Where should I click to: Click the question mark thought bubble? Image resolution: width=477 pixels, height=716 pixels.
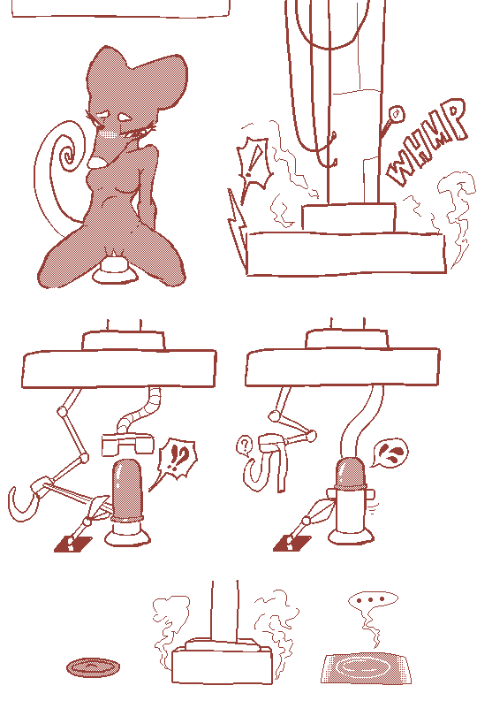(x=245, y=445)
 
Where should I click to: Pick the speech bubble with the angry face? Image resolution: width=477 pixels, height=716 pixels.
(x=390, y=452)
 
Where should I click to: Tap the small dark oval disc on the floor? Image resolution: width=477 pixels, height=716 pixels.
(x=93, y=667)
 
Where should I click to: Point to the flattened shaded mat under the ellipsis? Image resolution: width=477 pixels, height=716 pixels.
(x=366, y=668)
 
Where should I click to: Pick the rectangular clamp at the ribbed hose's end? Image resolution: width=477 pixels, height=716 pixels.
(x=127, y=444)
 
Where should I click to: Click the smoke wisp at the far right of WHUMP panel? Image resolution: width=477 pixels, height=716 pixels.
(x=458, y=215)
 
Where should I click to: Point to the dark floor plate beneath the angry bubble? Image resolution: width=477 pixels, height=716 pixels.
(x=292, y=543)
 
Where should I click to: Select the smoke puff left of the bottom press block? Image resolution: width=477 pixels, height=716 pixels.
(x=170, y=626)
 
